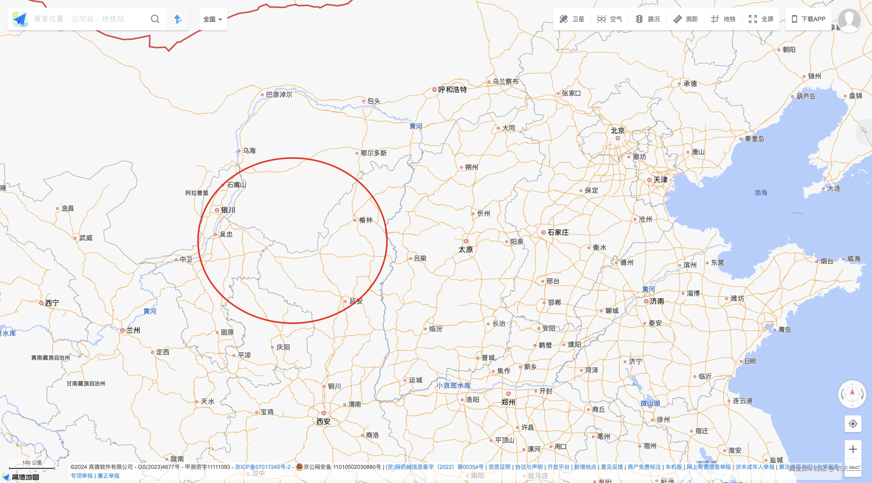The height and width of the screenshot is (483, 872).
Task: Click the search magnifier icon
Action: click(x=155, y=19)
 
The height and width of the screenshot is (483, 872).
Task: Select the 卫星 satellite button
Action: click(x=572, y=19)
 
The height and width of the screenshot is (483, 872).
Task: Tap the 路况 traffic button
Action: click(x=648, y=19)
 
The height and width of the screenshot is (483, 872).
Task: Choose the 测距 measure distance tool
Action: click(x=686, y=19)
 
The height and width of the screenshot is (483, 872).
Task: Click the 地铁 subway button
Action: click(x=723, y=19)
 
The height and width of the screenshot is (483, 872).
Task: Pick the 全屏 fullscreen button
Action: click(x=761, y=19)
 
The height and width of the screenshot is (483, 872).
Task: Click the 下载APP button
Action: click(x=808, y=19)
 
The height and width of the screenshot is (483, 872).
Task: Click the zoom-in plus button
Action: click(x=853, y=449)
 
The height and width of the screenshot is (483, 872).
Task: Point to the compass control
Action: click(x=852, y=394)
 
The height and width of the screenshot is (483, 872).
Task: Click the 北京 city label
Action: click(x=617, y=131)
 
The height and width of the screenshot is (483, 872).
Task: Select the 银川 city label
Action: click(x=228, y=210)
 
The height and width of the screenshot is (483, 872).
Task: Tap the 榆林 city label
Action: click(x=366, y=220)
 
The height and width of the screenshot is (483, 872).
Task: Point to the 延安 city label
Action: click(x=356, y=301)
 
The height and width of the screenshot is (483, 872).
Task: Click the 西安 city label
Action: click(x=323, y=421)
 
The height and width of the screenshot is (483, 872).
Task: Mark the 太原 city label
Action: click(x=466, y=250)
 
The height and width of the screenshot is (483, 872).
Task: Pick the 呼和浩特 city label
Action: click(x=452, y=90)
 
